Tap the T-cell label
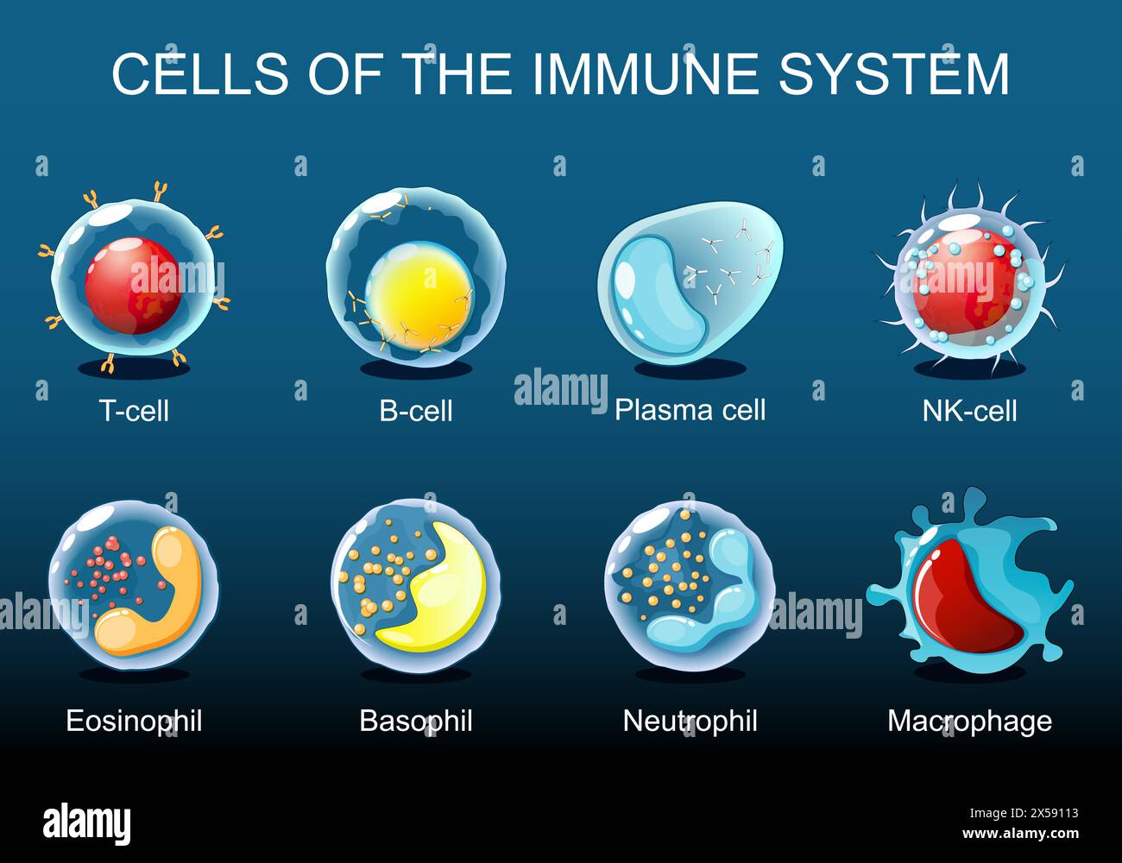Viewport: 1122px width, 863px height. point(134,410)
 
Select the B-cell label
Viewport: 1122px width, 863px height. point(416,410)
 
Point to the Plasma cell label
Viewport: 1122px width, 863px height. point(690,409)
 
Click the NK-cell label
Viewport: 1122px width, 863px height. point(969,410)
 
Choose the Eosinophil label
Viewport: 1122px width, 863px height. point(134,720)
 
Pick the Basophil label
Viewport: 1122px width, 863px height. point(416,720)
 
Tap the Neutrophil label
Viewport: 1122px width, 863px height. point(690,720)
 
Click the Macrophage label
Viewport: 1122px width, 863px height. point(969,720)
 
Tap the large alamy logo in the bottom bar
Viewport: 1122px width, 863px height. point(87,824)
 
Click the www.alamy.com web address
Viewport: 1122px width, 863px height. point(1019,834)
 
